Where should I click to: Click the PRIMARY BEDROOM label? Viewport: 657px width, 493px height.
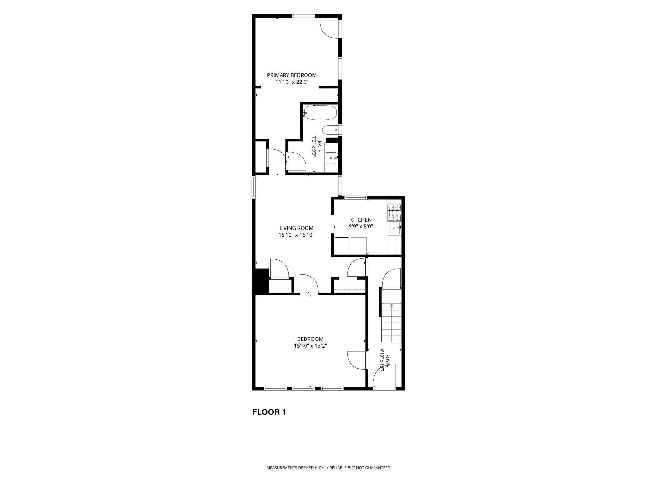pos(292,75)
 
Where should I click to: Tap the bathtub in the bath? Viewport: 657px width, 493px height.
pos(320,113)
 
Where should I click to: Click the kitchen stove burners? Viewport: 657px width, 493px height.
pos(394,212)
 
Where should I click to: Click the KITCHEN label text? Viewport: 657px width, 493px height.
pos(361,220)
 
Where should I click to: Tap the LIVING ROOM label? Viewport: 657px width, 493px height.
pos(296,228)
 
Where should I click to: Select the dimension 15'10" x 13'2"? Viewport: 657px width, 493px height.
pos(310,346)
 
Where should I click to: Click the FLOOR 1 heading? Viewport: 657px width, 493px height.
pos(269,412)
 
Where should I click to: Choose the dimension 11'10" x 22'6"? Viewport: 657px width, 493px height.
pos(292,82)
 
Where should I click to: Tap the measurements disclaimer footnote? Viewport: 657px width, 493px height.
pos(328,468)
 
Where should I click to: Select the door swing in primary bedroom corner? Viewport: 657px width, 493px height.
pos(329,29)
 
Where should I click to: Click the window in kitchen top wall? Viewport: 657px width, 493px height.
pos(356,198)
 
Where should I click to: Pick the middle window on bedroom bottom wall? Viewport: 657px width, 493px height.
pos(304,388)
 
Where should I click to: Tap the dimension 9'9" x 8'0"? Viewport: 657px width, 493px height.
pos(361,226)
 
